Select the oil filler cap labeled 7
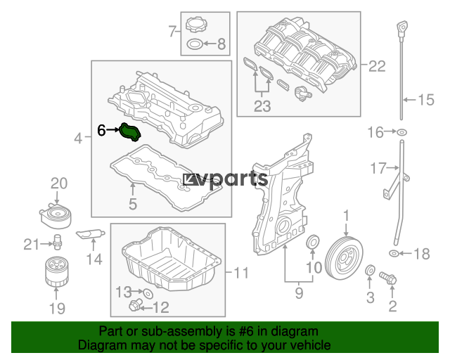tap(197, 25)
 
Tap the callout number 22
tap(377, 66)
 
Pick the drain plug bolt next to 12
tap(136, 304)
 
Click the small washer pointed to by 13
tap(148, 293)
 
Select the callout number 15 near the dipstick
tap(426, 100)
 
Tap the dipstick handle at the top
tap(402, 28)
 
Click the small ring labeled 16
tap(401, 132)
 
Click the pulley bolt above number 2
tap(387, 278)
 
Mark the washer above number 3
tap(371, 270)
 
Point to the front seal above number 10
tap(312, 242)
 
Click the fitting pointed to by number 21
tap(58, 242)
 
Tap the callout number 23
tap(262, 106)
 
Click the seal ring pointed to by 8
tap(195, 44)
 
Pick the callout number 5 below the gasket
tap(133, 204)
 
